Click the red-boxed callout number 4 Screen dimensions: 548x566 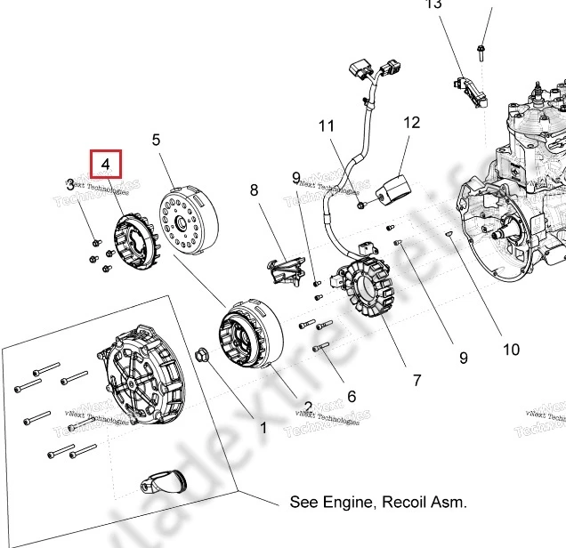coord(105,165)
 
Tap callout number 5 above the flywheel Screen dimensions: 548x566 coord(156,140)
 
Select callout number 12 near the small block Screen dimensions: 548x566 coord(410,123)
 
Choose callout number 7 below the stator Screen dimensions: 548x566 coord(416,380)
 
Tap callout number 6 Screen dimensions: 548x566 coord(351,397)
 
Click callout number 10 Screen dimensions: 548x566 coord(511,350)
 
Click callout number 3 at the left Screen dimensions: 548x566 coord(69,185)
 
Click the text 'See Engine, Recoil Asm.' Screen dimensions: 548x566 coord(378,503)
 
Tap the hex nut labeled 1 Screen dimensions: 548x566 coord(201,356)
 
